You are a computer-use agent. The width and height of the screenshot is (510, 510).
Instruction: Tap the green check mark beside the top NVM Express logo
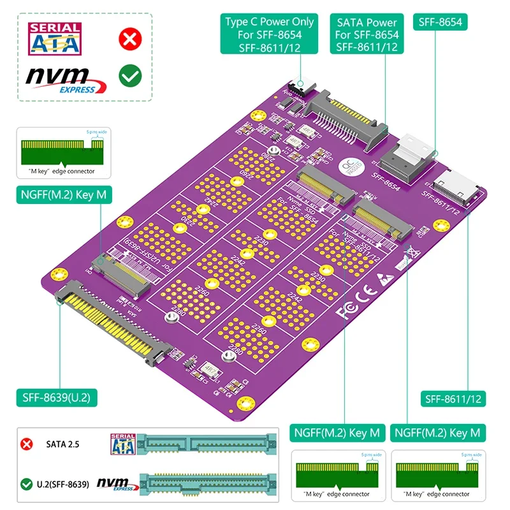point(130,77)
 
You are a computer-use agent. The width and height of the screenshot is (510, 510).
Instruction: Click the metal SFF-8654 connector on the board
point(409,157)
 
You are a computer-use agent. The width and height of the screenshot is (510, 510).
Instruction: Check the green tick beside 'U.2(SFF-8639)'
point(27,484)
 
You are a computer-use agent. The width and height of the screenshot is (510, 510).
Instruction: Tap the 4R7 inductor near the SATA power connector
point(295,141)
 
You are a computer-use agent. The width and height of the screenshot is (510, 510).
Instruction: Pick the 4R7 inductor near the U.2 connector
point(209,368)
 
